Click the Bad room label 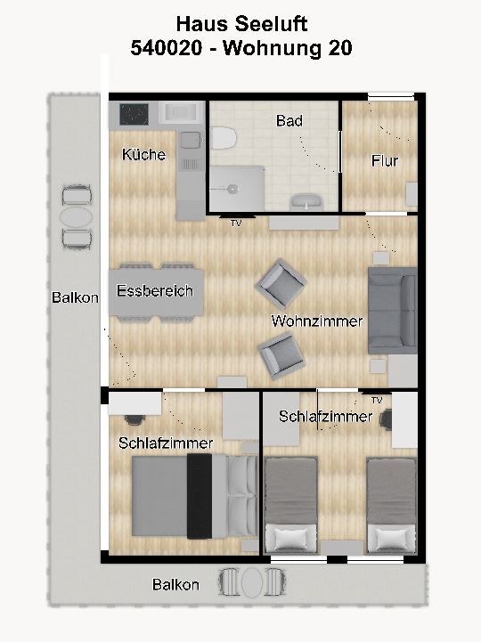[x=289, y=121]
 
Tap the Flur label [x=385, y=160]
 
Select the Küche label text [x=143, y=154]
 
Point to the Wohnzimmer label [x=317, y=321]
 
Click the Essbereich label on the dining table [x=155, y=290]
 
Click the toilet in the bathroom [x=224, y=138]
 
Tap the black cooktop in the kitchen [x=134, y=114]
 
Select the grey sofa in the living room [x=393, y=311]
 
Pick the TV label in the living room [x=236, y=223]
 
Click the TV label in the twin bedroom [x=377, y=400]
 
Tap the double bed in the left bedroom [x=194, y=496]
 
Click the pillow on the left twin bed [x=291, y=538]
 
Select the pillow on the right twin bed [x=392, y=538]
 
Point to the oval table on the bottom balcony [x=252, y=581]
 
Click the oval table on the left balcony [x=76, y=217]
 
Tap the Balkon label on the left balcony [x=75, y=297]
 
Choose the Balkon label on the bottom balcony [x=175, y=584]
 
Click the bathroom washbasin [x=306, y=202]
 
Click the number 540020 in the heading [x=167, y=48]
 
